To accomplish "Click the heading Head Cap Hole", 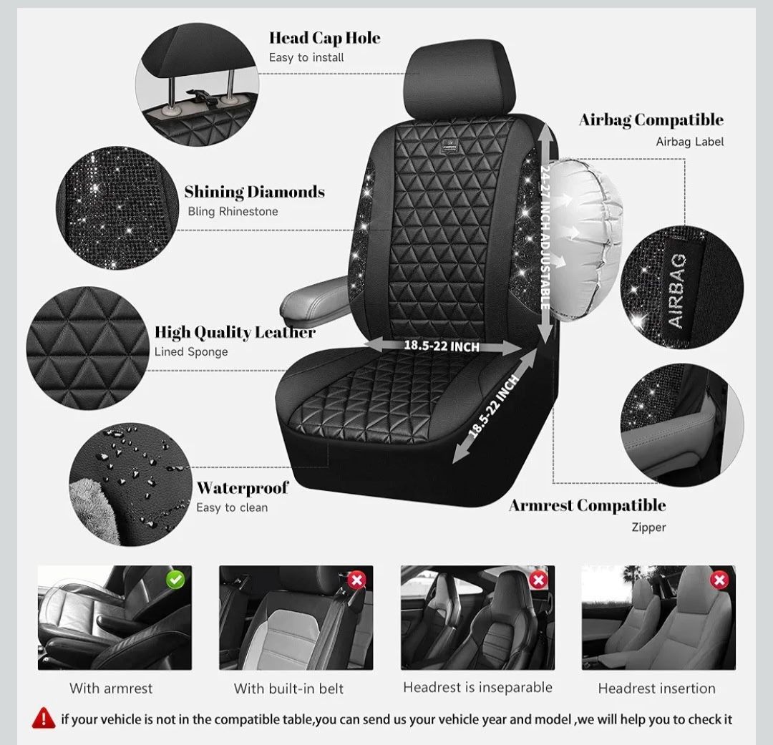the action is [324, 38].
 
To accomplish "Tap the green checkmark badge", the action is [175, 580].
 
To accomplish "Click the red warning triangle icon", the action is [44, 718].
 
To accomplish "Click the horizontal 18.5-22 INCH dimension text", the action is [441, 346].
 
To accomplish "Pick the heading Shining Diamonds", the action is [254, 192].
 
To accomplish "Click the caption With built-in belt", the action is [288, 688].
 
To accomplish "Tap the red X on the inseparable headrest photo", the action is [538, 580].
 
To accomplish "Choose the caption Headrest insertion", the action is [656, 688].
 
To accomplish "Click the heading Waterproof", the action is [243, 487].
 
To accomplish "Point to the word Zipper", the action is [648, 527].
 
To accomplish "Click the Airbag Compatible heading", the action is [651, 120].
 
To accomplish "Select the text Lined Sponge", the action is [191, 351].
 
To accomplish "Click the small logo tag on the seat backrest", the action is [449, 147].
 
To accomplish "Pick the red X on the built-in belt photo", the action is [357, 580].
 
